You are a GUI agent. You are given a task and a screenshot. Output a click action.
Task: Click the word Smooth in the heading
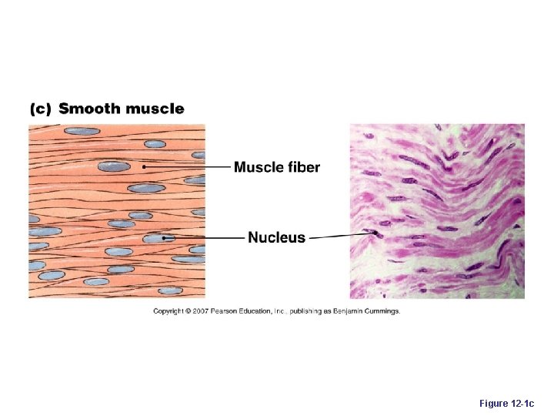tap(89, 109)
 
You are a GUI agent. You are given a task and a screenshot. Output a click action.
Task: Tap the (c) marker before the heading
tap(40, 109)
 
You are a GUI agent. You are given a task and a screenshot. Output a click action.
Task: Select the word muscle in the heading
tap(155, 109)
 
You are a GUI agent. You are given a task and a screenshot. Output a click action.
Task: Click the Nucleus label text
tap(276, 238)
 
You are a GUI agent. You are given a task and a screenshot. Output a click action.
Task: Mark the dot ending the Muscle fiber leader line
tap(143, 166)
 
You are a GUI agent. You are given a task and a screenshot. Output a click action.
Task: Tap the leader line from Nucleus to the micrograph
tap(339, 236)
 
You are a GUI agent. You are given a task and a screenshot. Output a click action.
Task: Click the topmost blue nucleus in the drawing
tap(82, 131)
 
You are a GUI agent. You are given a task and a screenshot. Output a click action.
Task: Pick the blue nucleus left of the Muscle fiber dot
tap(114, 166)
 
